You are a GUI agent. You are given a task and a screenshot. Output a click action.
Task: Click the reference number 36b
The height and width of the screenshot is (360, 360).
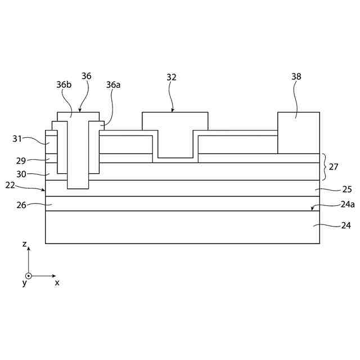pyautogui.click(x=64, y=84)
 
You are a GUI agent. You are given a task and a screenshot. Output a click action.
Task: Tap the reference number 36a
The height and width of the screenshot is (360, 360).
pyautogui.click(x=113, y=84)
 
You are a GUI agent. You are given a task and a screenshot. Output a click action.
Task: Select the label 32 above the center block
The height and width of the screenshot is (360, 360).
pyautogui.click(x=172, y=77)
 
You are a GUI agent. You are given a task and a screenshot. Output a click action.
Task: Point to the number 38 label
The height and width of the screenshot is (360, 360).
pyautogui.click(x=296, y=77)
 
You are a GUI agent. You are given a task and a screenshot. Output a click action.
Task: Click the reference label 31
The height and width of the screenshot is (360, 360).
pyautogui.click(x=18, y=138)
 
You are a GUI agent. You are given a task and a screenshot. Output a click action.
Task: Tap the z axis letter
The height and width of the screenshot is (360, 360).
pyautogui.click(x=24, y=244)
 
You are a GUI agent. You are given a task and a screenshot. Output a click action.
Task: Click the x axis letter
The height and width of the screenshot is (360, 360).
pyautogui.click(x=57, y=283)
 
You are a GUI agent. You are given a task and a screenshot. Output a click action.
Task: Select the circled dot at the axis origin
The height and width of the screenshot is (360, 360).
pyautogui.click(x=29, y=276)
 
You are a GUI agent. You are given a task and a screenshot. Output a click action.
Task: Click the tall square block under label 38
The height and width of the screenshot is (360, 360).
pyautogui.click(x=298, y=133)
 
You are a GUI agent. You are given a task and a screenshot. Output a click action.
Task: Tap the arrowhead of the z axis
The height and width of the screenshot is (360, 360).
pyautogui.click(x=29, y=248)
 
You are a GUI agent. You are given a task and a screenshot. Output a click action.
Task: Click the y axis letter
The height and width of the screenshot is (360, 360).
pyautogui.click(x=24, y=283)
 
